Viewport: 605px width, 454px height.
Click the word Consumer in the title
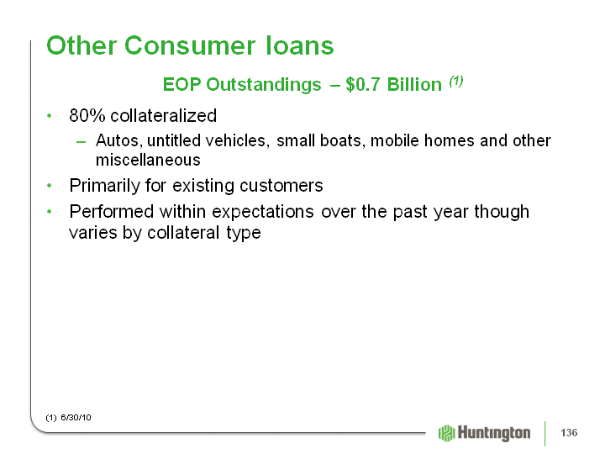click(x=189, y=45)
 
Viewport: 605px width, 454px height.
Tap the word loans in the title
click(x=300, y=45)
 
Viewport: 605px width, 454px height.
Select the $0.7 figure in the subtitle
click(x=363, y=84)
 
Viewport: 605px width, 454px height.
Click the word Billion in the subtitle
click(x=414, y=84)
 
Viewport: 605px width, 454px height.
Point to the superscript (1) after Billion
click(x=455, y=81)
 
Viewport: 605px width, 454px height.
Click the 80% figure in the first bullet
click(x=87, y=115)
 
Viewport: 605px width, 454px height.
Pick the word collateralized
click(x=164, y=115)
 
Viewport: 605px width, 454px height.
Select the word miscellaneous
click(x=148, y=160)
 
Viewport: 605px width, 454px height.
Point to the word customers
click(x=281, y=186)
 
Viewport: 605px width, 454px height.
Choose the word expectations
click(x=263, y=213)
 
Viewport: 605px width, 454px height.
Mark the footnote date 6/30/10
click(x=76, y=417)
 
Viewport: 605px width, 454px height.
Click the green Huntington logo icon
click(x=447, y=433)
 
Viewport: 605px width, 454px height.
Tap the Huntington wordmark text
click(x=494, y=433)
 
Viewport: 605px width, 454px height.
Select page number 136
click(x=569, y=432)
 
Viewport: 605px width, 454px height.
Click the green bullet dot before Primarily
click(x=49, y=186)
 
